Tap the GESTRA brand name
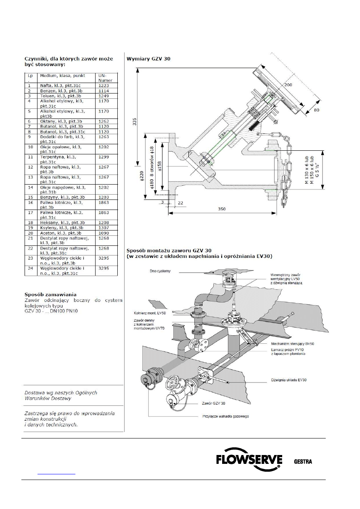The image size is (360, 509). pos(303,461)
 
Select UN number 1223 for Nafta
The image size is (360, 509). pos(104,86)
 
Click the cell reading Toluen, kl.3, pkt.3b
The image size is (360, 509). pos(61,96)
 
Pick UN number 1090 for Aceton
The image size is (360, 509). pos(104,233)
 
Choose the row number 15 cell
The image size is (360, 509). pos(31,197)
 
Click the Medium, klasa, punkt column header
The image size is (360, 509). pos(62,76)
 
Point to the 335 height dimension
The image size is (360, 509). pos(135,123)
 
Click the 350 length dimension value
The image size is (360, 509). pos(222,209)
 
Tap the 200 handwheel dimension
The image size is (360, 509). pos(288,85)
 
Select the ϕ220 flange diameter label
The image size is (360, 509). pos(142,176)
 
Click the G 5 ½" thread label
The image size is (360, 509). pos(318,170)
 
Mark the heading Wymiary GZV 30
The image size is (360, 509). pos(148,59)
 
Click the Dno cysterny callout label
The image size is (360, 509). pos(160,271)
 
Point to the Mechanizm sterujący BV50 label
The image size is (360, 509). pos(293,344)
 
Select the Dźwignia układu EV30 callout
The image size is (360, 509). pos(289,380)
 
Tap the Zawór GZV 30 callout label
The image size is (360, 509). pos(214,403)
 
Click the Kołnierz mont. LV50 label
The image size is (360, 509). pos(150,313)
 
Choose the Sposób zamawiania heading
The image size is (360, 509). pos(50,295)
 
